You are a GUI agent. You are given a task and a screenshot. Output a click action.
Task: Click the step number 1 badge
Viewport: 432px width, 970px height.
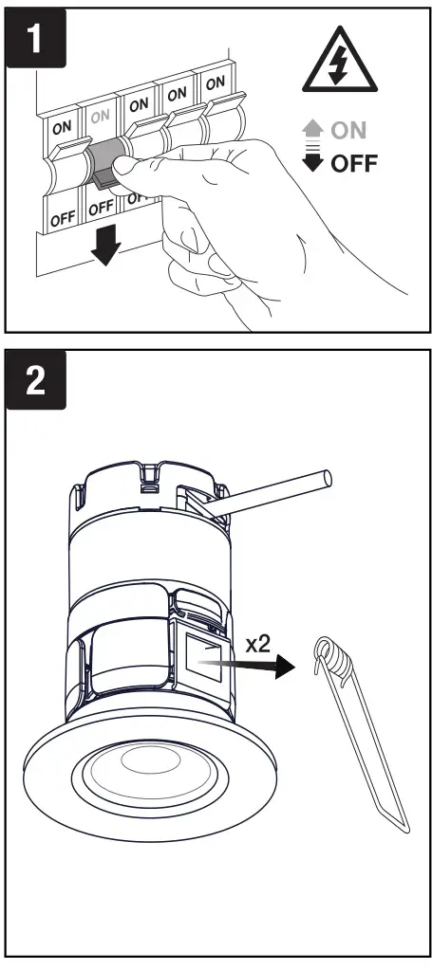tap(36, 37)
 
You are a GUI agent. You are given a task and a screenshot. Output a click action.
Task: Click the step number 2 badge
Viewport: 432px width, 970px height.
tap(36, 380)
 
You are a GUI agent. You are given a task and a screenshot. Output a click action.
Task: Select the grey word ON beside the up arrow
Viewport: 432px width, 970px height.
tap(348, 131)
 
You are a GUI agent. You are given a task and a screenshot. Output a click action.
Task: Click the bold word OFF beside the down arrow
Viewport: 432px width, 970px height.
tap(354, 164)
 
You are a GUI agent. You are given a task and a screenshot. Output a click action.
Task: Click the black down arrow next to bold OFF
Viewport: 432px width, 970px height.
tap(314, 161)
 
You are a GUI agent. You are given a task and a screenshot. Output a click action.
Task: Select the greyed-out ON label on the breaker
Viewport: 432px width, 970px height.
tap(99, 116)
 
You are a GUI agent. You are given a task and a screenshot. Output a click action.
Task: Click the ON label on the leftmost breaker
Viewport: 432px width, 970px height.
tap(62, 127)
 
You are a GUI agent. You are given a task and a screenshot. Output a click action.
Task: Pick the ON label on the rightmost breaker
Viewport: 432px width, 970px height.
tap(216, 82)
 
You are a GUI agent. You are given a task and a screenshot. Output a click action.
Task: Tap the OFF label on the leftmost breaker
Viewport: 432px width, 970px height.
tap(63, 218)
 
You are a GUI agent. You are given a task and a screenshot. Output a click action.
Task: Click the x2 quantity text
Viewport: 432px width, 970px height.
tap(258, 645)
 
